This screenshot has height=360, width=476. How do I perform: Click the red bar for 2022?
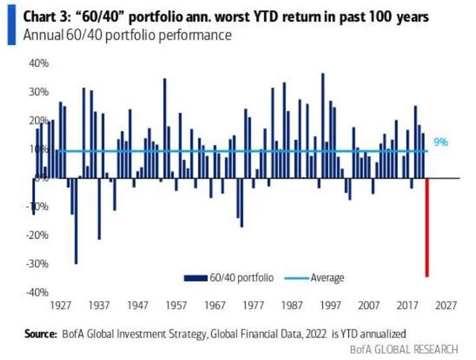click(x=427, y=227)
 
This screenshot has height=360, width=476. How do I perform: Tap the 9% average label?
click(x=441, y=142)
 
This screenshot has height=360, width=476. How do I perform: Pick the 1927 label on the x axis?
click(x=61, y=305)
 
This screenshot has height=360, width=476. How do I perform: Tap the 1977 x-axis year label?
click(x=253, y=305)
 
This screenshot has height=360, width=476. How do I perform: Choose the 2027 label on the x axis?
click(x=445, y=305)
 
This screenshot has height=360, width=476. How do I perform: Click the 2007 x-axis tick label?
click(x=368, y=305)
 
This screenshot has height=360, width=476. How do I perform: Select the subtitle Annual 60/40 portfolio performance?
click(x=127, y=35)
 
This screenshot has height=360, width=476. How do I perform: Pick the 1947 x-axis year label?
click(x=138, y=305)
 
